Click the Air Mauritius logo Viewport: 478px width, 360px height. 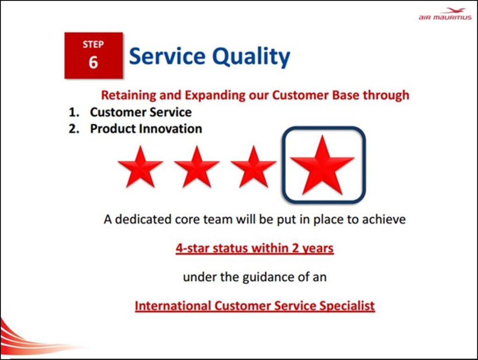coord(445,14)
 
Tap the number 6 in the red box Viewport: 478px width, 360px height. coord(93,63)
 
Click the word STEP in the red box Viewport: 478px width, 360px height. coord(93,44)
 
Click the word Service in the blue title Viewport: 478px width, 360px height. coord(168,56)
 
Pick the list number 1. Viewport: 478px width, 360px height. coord(74,112)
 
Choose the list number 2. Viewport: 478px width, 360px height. coord(74,128)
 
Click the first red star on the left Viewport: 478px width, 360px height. coord(140,166)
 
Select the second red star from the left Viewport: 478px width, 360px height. coord(197,166)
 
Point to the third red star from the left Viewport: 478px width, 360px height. coord(253,166)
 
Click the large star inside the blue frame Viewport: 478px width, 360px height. coord(322,165)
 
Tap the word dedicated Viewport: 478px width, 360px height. coord(143,219)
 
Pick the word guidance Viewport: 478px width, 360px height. coord(267,277)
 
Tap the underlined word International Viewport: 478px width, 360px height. coord(173,306)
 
